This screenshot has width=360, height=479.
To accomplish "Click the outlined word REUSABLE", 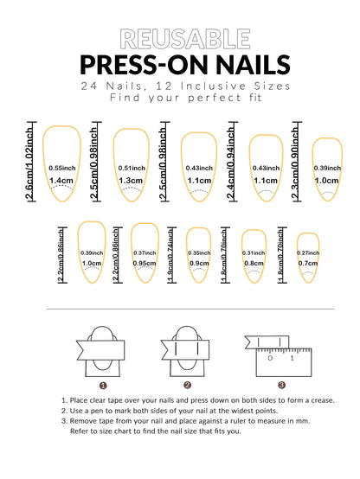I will (180, 37).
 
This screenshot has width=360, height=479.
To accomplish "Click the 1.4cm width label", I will (61, 181).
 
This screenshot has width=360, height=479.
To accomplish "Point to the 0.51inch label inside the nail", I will (130, 168).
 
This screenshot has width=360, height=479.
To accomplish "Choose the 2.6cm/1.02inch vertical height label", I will (31, 165).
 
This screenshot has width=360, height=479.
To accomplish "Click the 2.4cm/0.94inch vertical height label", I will (233, 165).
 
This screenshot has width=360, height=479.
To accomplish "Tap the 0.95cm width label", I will (144, 263).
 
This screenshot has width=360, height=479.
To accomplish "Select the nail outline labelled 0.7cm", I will (309, 257).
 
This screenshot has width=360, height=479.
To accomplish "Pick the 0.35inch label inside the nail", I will (199, 252).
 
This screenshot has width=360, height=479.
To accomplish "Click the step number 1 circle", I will (103, 386).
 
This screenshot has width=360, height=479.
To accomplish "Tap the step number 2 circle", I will (187, 386).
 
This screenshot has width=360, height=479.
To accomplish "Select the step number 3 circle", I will (281, 386).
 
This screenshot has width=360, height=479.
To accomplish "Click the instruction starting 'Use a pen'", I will (179, 412).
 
